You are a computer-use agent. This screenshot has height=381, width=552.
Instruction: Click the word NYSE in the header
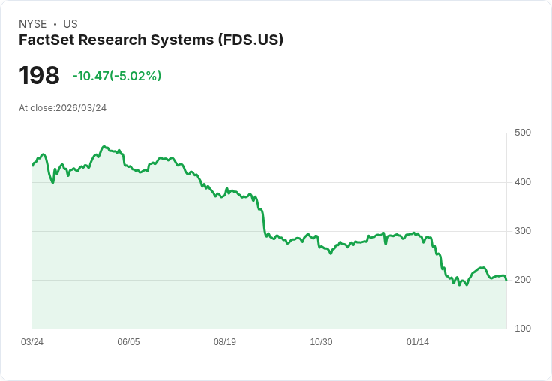(x=33, y=24)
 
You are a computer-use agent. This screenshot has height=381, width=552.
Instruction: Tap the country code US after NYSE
(x=70, y=24)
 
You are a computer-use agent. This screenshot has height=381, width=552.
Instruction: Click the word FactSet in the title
(x=45, y=40)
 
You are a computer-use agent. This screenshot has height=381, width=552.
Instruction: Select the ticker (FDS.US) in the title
(x=250, y=40)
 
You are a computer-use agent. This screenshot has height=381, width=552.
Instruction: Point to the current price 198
(x=39, y=76)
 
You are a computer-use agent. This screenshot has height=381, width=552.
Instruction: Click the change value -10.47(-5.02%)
(x=117, y=76)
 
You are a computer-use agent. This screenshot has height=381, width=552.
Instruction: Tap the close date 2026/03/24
(x=81, y=108)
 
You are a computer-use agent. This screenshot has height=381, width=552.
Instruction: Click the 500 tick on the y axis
(x=523, y=133)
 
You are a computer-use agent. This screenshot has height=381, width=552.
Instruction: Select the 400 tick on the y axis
(x=523, y=182)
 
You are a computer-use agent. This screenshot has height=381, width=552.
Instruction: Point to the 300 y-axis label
(x=523, y=231)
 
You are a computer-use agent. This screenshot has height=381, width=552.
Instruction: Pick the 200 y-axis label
(x=523, y=280)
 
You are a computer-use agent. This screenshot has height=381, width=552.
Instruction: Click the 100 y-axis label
(x=523, y=328)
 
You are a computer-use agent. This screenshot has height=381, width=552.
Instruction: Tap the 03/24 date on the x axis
(x=32, y=342)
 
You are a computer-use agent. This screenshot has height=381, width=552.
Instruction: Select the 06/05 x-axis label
(x=128, y=342)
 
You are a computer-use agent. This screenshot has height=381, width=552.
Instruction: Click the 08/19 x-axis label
(x=225, y=342)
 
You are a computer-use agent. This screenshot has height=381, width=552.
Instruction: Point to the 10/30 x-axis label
(x=321, y=342)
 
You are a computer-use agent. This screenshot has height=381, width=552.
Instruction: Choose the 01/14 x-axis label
(x=418, y=342)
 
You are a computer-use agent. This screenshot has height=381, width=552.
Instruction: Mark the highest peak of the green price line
(x=104, y=147)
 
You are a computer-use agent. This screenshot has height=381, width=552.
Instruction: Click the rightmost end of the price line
(x=506, y=280)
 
